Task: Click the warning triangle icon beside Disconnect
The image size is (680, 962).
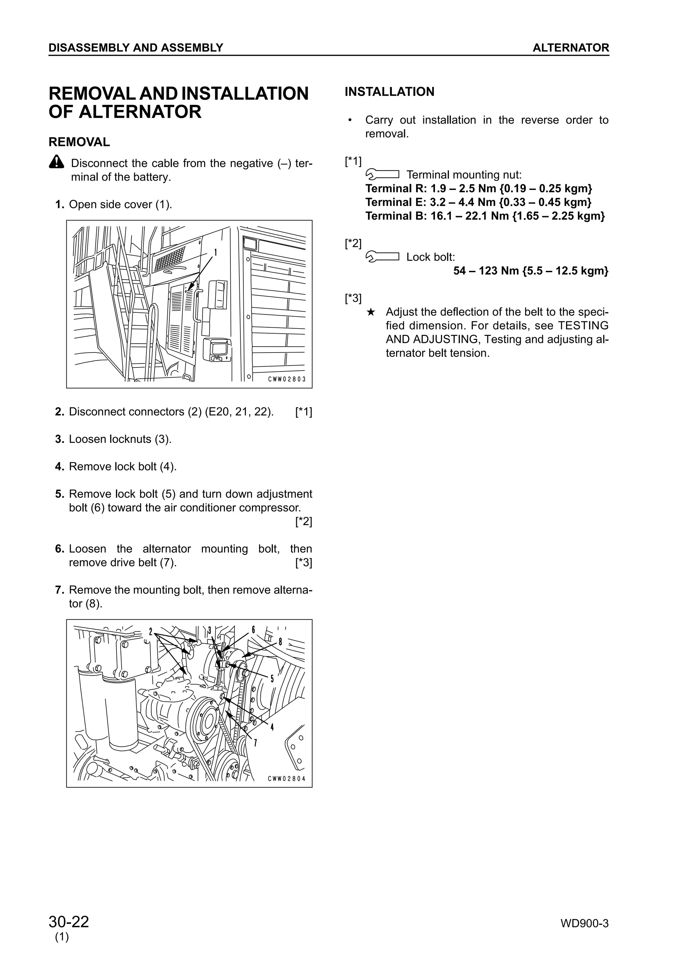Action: [56, 162]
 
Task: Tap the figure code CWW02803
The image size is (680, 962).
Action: [287, 379]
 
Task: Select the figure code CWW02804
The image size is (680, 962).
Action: [287, 778]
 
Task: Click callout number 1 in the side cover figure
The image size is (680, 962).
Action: [215, 252]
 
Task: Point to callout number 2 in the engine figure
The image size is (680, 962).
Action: [150, 632]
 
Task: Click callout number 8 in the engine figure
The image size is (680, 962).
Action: [280, 641]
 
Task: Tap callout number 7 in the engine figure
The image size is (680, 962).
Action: [255, 743]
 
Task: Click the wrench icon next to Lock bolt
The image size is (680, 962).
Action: [382, 256]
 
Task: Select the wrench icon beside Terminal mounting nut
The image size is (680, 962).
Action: [382, 174]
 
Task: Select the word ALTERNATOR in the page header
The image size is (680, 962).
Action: [571, 48]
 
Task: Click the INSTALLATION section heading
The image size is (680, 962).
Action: [389, 91]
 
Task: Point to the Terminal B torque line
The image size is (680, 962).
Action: [485, 216]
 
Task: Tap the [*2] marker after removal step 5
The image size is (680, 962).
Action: [303, 521]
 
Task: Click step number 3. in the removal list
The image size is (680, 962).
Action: [59, 439]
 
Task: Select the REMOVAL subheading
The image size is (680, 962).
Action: [79, 142]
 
